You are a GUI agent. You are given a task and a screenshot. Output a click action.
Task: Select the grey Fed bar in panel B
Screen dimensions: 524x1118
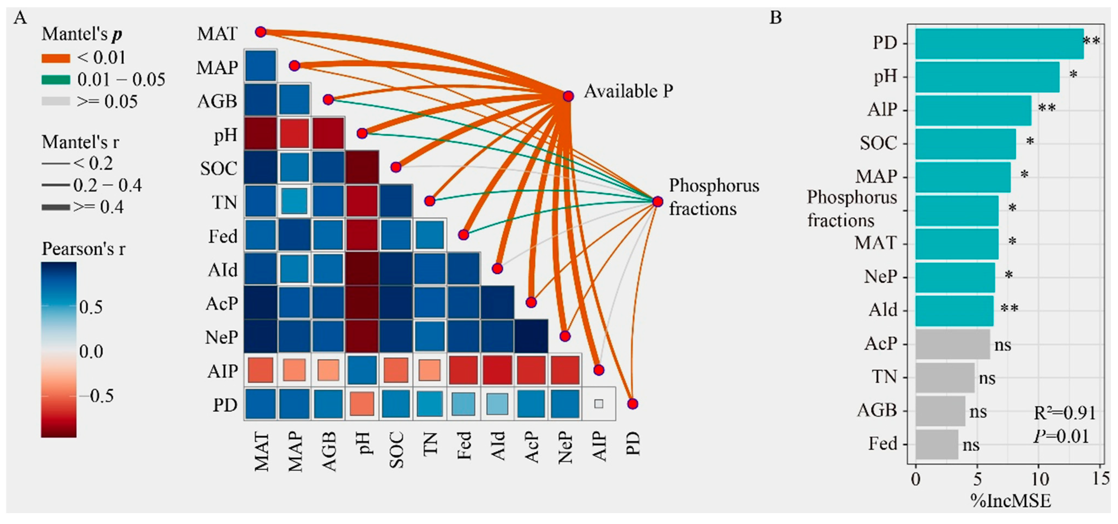(x=937, y=444)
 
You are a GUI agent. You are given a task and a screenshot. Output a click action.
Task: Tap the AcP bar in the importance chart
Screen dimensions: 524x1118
(x=953, y=344)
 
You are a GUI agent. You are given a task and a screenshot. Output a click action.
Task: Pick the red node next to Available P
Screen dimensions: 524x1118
(x=568, y=96)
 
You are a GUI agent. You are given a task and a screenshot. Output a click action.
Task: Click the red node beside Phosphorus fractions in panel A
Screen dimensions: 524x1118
(x=658, y=201)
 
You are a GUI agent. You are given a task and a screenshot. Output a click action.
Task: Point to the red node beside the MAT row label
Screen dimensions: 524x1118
(x=260, y=32)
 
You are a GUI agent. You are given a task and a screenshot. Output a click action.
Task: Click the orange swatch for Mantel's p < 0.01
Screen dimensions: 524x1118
(x=56, y=58)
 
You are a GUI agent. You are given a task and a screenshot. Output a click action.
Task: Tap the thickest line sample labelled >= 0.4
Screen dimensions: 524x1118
(x=56, y=207)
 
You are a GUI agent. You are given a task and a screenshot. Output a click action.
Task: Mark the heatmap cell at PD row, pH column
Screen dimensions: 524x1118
(x=362, y=404)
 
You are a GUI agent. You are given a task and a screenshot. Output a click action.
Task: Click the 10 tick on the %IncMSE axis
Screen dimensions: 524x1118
(x=1040, y=479)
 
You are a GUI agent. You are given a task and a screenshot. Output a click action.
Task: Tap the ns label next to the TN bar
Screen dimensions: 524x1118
(x=987, y=378)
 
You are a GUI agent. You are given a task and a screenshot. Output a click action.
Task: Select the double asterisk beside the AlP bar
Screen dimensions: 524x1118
(x=1046, y=108)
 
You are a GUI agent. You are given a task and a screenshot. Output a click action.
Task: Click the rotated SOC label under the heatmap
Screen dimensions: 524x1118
(x=396, y=450)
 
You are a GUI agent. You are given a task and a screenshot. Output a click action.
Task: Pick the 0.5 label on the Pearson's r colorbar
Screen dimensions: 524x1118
(x=91, y=307)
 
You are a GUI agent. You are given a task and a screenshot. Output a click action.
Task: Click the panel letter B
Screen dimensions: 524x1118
(x=776, y=18)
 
